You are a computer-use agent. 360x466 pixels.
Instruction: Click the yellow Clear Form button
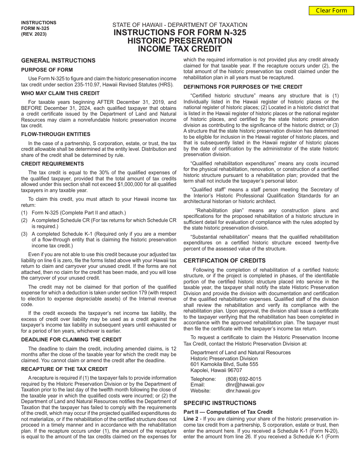coord(332,10)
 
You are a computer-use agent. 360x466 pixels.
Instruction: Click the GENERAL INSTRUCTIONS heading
coord(58,61)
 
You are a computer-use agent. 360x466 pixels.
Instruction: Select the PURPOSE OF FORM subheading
coord(47,70)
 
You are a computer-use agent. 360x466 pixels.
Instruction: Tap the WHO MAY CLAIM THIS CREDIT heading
coord(60,93)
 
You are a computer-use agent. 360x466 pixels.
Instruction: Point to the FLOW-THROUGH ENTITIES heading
coord(56,134)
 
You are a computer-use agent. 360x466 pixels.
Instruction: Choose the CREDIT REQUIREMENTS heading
coord(53,164)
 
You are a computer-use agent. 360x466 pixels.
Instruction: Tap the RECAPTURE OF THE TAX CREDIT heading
coord(64,369)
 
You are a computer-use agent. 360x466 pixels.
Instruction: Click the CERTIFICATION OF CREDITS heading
coord(224,261)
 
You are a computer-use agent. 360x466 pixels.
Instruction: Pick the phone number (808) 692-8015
coord(243,379)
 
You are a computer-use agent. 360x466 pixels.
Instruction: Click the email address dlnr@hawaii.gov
coord(245,385)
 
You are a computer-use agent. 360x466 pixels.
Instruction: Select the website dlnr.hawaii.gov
coord(243,391)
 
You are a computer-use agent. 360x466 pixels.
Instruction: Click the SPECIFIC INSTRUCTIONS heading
coord(220,403)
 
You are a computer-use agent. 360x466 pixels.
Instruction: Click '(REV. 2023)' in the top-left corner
coord(34,34)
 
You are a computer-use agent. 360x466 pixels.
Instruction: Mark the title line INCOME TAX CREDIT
coord(180,49)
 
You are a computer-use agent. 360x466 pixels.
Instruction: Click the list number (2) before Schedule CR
coord(24,220)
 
